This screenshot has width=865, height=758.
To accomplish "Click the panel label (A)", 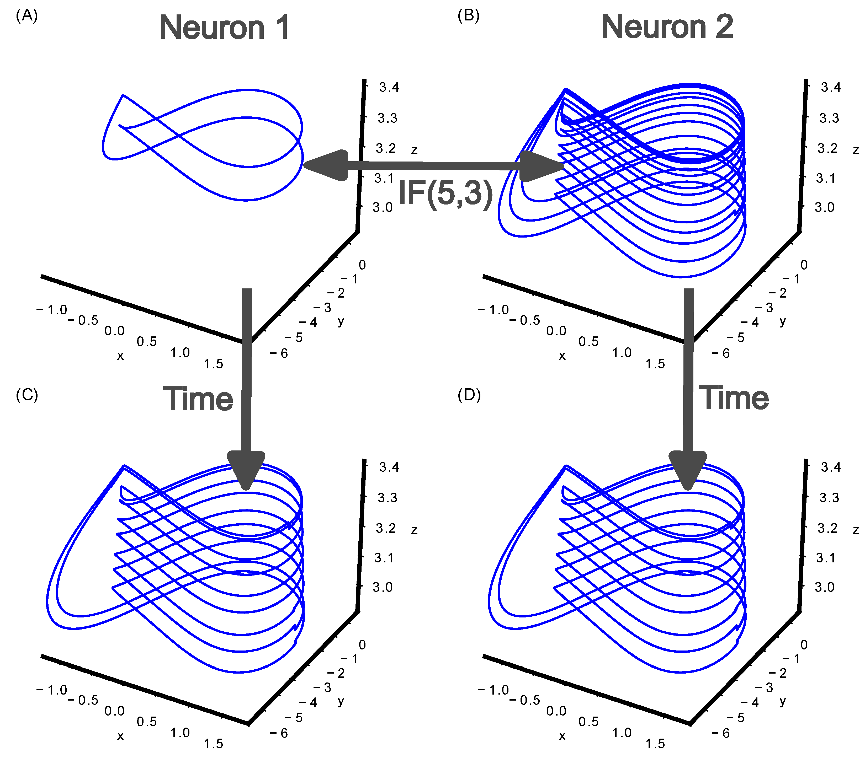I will click(27, 16).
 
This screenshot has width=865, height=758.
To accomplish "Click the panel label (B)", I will click(469, 16).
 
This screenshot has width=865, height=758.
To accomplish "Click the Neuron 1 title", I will click(224, 28).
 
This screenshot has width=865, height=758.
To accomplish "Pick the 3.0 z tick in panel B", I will click(824, 208).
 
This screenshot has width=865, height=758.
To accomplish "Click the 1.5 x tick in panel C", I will click(213, 744).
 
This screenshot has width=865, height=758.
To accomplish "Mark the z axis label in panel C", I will click(414, 530).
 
